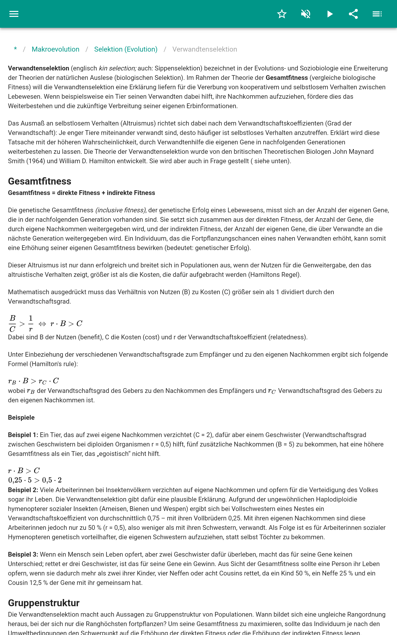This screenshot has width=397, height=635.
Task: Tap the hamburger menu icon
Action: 14,14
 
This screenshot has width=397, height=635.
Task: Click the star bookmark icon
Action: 282,14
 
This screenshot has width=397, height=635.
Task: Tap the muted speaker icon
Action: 306,14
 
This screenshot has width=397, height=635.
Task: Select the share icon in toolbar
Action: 353,14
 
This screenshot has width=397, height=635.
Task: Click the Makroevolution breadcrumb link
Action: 55,49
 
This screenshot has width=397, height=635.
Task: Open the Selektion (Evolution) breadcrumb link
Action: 126,49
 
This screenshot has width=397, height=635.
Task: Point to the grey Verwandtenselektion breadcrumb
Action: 204,49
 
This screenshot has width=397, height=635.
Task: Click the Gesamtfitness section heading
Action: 40,181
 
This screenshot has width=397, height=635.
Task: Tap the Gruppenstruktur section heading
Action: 44,603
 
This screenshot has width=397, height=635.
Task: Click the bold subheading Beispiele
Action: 21,417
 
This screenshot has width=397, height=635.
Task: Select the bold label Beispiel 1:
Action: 23,435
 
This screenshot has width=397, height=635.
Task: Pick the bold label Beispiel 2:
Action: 23,490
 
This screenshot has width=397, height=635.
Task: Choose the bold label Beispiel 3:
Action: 23,554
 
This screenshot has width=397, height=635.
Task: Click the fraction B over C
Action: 12,323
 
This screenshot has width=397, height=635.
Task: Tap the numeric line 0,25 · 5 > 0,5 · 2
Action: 35,480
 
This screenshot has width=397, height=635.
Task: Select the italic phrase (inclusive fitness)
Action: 121,210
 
